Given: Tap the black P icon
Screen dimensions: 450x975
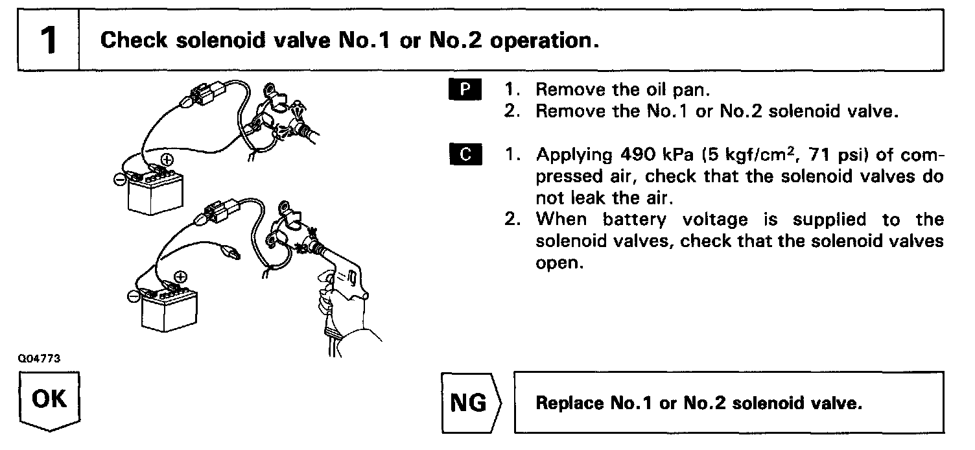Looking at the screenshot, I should point(464,89).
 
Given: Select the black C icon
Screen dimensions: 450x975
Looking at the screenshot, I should point(464,155).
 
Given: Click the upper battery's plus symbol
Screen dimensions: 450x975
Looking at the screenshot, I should point(167,158).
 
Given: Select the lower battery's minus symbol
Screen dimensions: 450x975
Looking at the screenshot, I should point(132,297).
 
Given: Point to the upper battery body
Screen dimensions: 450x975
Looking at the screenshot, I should point(156,195).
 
